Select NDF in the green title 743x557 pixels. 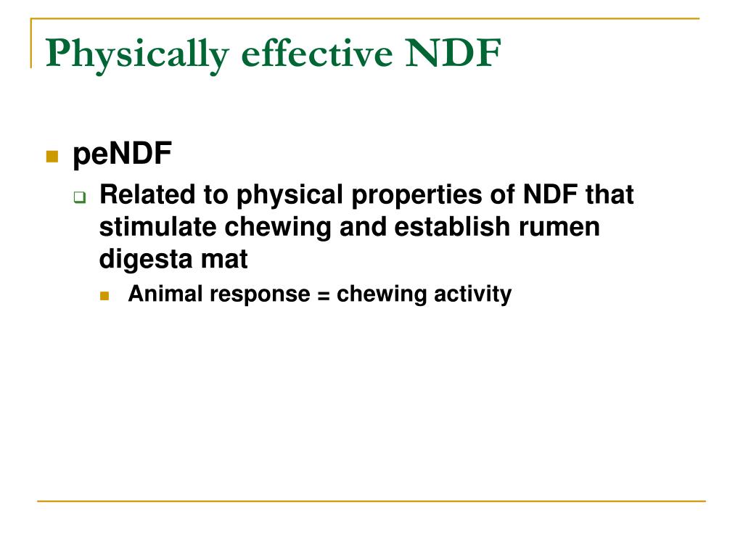453,53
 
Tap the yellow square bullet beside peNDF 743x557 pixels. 52,156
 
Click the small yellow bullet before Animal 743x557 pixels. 104,296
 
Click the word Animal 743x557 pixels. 157,294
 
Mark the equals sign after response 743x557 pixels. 324,294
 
